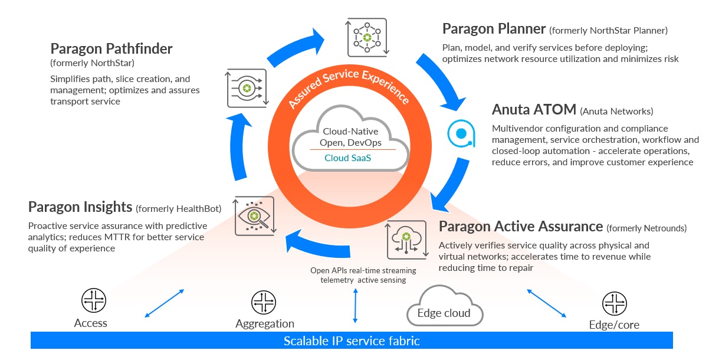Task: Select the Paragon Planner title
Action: pyautogui.click(x=493, y=28)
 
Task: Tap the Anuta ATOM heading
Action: pyautogui.click(x=533, y=110)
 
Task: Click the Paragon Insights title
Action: pyautogui.click(x=80, y=207)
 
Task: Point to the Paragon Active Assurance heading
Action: pyautogui.click(x=521, y=227)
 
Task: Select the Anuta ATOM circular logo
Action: pyautogui.click(x=461, y=133)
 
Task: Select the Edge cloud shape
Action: pyautogui.click(x=444, y=307)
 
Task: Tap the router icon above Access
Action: pyautogui.click(x=93, y=301)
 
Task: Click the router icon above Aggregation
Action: pyautogui.click(x=264, y=302)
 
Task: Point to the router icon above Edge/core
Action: pyautogui.click(x=614, y=303)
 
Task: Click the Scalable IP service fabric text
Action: pyautogui.click(x=352, y=341)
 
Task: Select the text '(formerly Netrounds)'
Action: pyautogui.click(x=647, y=228)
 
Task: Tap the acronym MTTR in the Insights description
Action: pyautogui.click(x=116, y=237)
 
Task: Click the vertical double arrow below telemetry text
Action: pyautogui.click(x=355, y=306)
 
